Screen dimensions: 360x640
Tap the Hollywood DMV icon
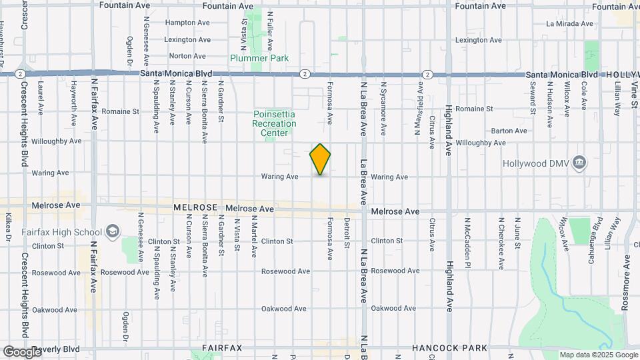[x=579, y=162]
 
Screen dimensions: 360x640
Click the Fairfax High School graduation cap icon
[x=112, y=231]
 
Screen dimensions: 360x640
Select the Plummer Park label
[x=259, y=58]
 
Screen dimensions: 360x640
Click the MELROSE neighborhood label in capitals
[x=196, y=208]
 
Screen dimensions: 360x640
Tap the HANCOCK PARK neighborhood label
[x=449, y=349]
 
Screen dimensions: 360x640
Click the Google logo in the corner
[x=22, y=351]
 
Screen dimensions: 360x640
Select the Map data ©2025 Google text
[x=598, y=355]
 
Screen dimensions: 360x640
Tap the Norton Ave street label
[x=187, y=56]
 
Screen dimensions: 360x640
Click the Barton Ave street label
[x=509, y=131]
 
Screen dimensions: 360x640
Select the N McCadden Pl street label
[x=468, y=243]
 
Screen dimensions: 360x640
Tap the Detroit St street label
[x=347, y=233]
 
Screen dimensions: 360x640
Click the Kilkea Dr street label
[x=9, y=227]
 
